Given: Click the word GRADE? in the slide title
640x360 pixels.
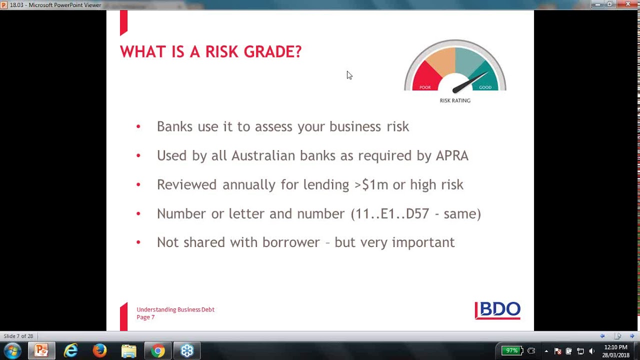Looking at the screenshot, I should click(x=272, y=52).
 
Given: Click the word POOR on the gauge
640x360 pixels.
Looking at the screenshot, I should click(x=425, y=87).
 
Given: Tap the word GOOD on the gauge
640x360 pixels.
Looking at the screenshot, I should click(x=485, y=87).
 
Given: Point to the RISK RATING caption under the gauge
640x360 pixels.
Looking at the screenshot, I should click(x=455, y=100).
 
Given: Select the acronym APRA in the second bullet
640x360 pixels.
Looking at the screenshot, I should click(x=452, y=155).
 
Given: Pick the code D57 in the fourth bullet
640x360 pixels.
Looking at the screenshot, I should click(x=417, y=213).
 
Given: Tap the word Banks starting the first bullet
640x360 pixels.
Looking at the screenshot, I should click(x=175, y=126).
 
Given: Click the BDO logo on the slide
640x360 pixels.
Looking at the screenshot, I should click(x=497, y=310).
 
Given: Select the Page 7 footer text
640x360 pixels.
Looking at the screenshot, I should click(x=145, y=317).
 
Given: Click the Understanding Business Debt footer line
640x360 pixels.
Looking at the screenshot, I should click(x=175, y=309).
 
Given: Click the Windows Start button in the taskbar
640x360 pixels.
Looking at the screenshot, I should click(x=12, y=350).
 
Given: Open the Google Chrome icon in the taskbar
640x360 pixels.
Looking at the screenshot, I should click(x=158, y=350).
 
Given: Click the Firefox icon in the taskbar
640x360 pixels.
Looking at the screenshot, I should click(x=99, y=350).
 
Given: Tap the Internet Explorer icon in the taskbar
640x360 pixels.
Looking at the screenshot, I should click(x=70, y=350).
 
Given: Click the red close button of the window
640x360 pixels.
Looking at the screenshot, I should click(x=627, y=4).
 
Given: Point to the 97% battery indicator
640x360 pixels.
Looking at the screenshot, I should click(x=511, y=350).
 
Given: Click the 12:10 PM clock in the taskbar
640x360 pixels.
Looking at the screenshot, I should click(x=615, y=347).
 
